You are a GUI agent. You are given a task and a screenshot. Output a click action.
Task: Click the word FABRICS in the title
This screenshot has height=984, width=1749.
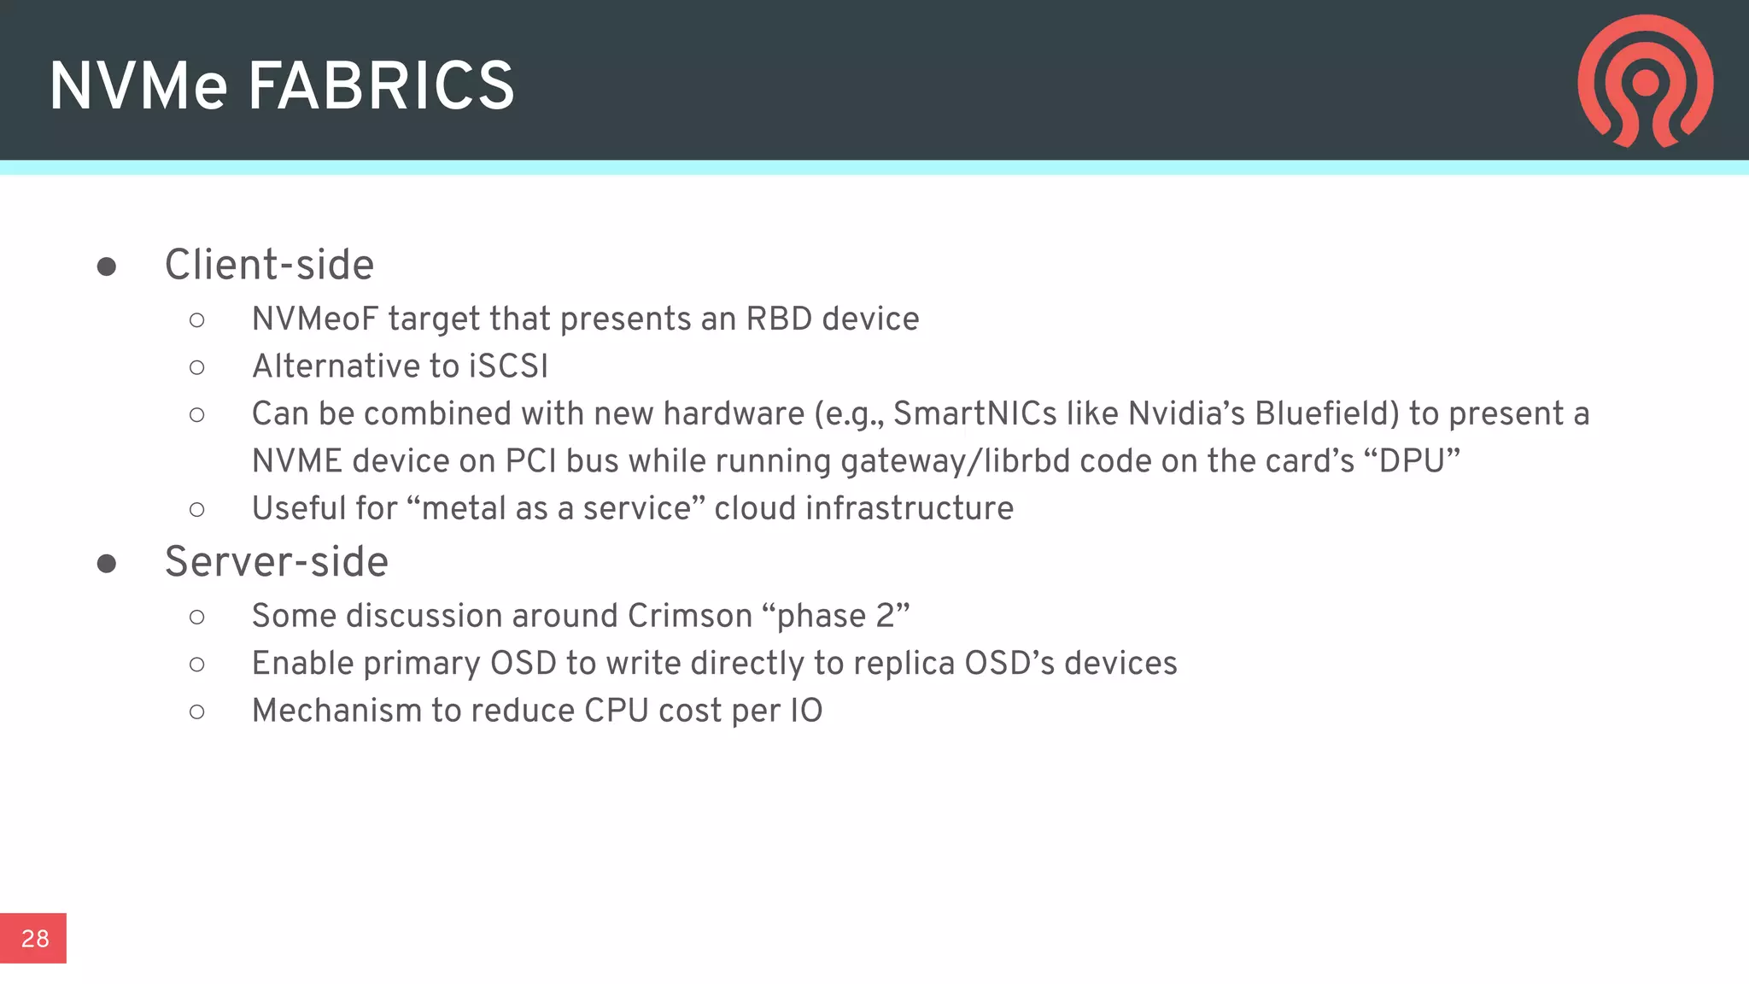(381, 86)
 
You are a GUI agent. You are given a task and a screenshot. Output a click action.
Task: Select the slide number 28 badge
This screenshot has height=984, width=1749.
(33, 938)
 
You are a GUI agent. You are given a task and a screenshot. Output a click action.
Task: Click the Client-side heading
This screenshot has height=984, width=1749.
(269, 265)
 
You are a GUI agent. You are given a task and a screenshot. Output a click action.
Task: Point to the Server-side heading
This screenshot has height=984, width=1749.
(276, 562)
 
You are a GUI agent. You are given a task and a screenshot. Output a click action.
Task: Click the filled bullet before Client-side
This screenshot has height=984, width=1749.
(107, 267)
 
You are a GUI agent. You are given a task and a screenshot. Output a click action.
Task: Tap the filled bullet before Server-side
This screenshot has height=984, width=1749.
(107, 564)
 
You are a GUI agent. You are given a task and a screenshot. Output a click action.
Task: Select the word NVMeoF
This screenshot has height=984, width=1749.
(314, 319)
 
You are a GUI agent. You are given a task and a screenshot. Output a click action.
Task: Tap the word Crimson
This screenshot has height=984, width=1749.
(689, 616)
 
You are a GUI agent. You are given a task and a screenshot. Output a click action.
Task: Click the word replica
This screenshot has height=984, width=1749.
(905, 664)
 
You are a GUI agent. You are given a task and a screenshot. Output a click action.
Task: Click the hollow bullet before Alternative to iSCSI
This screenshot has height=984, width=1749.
(197, 368)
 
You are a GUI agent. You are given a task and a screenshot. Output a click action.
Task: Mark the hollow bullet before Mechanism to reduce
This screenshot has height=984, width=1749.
(197, 712)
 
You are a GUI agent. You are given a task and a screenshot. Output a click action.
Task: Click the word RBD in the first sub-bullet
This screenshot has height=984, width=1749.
(779, 319)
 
